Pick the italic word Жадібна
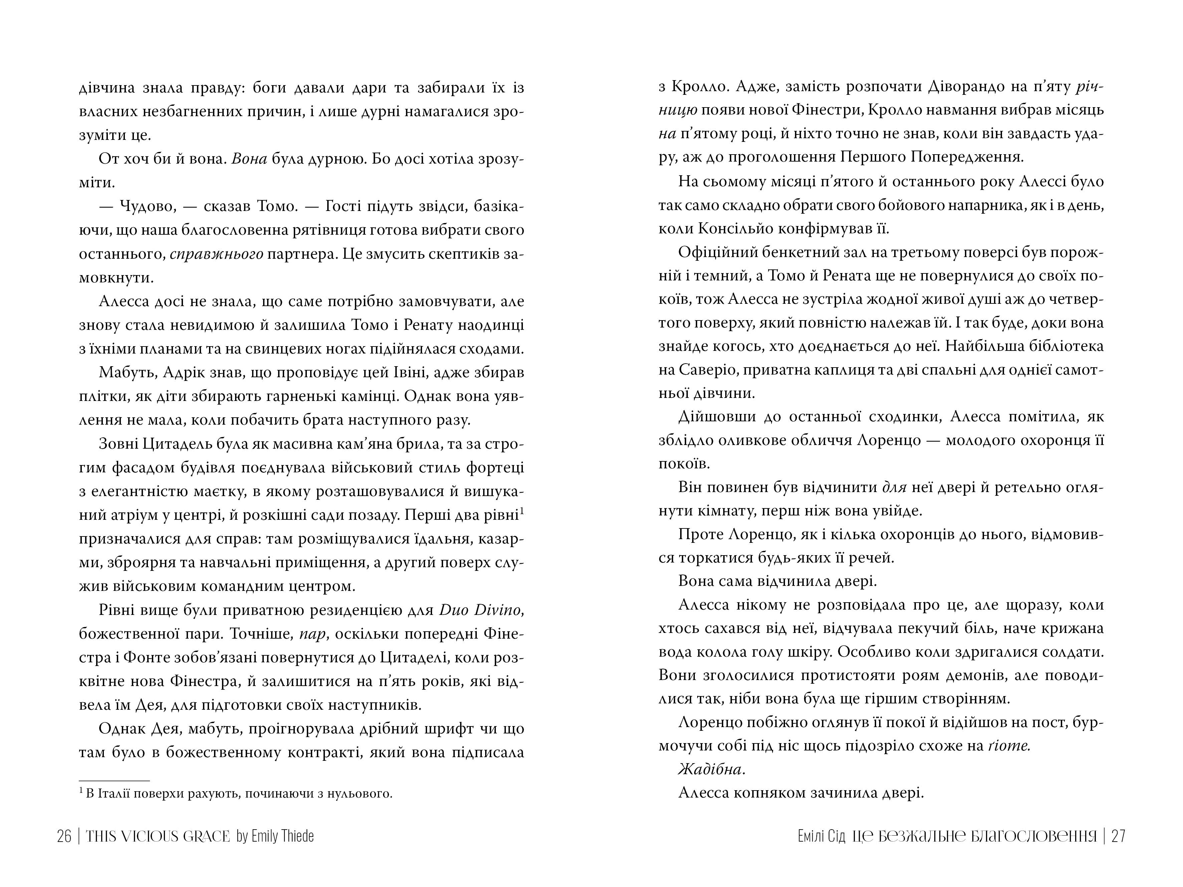(711, 769)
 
